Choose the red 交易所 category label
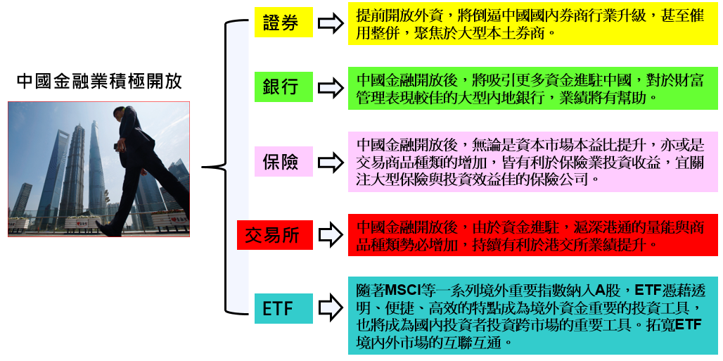(272, 235)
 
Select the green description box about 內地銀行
(532, 88)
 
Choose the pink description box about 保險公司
(532, 162)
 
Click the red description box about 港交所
(532, 236)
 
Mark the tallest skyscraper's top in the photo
(94, 124)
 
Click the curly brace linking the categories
(224, 167)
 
